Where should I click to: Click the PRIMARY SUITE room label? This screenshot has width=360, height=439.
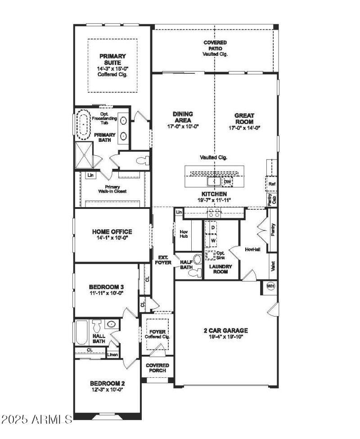[112, 59]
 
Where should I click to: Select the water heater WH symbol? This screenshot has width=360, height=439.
[270, 286]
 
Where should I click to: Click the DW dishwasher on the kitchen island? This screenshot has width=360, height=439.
[227, 182]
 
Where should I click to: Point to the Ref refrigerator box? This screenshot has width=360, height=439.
[271, 184]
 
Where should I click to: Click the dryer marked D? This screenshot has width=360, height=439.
[213, 228]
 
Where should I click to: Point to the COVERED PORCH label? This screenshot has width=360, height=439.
[157, 368]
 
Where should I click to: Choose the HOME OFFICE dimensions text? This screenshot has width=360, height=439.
[112, 239]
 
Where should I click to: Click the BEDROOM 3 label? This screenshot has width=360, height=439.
[106, 287]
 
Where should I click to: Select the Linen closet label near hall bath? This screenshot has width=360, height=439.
[112, 355]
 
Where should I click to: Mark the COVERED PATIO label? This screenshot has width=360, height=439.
[215, 45]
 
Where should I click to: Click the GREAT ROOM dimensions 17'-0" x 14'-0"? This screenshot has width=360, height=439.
[244, 127]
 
